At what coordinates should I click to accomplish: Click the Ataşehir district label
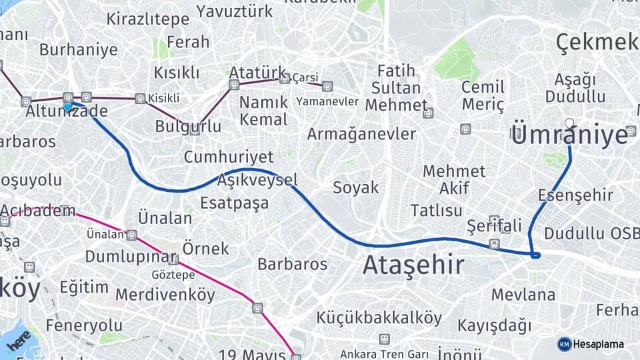(x=413, y=265)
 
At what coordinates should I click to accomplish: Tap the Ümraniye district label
(x=570, y=135)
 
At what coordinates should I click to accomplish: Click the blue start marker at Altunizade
(x=67, y=107)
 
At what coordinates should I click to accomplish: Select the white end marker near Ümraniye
(x=569, y=123)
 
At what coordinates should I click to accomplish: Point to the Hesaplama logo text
(x=599, y=344)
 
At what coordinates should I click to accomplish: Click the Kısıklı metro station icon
(x=140, y=99)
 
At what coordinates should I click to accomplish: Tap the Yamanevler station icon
(x=327, y=86)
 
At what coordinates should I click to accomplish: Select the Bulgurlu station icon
(x=195, y=129)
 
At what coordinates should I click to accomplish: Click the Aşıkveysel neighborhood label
(x=257, y=181)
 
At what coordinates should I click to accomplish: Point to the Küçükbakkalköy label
(x=379, y=318)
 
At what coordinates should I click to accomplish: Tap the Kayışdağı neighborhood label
(x=494, y=325)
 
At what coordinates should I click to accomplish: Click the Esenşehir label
(x=575, y=195)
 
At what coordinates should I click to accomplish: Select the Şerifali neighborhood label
(x=494, y=225)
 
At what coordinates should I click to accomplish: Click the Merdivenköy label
(x=165, y=294)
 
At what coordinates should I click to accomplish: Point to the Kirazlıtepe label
(x=147, y=19)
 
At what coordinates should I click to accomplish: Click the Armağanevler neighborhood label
(x=361, y=134)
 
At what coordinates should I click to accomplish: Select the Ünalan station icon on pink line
(x=132, y=235)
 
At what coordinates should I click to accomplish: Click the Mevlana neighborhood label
(x=523, y=294)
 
